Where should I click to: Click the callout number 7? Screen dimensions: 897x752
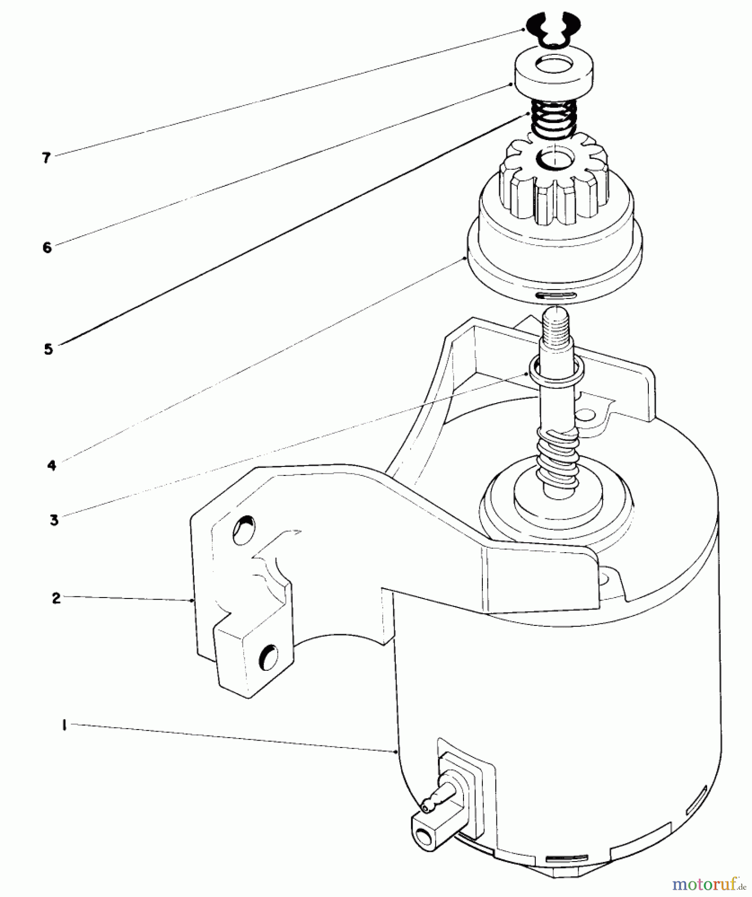coord(46,158)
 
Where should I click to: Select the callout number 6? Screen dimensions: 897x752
coord(47,247)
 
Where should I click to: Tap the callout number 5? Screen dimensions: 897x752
coord(48,349)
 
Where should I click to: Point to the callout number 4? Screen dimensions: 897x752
coord(52,466)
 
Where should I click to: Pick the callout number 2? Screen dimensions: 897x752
coord(56,598)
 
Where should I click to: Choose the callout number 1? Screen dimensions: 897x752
coord(64,726)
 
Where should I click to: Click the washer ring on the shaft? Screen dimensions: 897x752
coord(556,369)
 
